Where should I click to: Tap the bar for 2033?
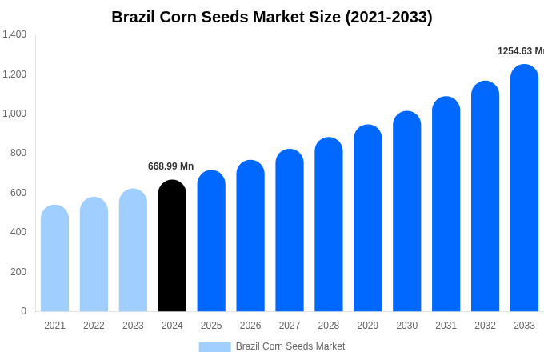tap(524, 188)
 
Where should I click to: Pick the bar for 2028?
tap(329, 225)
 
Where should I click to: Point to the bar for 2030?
tap(406, 211)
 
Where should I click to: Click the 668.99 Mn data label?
tap(170, 166)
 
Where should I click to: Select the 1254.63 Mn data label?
tap(520, 51)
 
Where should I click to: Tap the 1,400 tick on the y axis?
tap(14, 34)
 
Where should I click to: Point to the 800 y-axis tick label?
tap(18, 153)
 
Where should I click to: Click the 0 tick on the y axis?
tap(23, 311)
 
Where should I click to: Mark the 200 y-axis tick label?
tap(18, 272)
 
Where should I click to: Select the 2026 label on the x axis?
tap(250, 326)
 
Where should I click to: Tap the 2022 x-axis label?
tap(94, 326)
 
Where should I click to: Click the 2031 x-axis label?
tap(446, 326)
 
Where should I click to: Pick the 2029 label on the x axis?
tap(368, 326)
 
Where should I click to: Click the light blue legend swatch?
tap(214, 346)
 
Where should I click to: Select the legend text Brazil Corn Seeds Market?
tap(290, 346)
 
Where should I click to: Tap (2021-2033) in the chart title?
tap(389, 17)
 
